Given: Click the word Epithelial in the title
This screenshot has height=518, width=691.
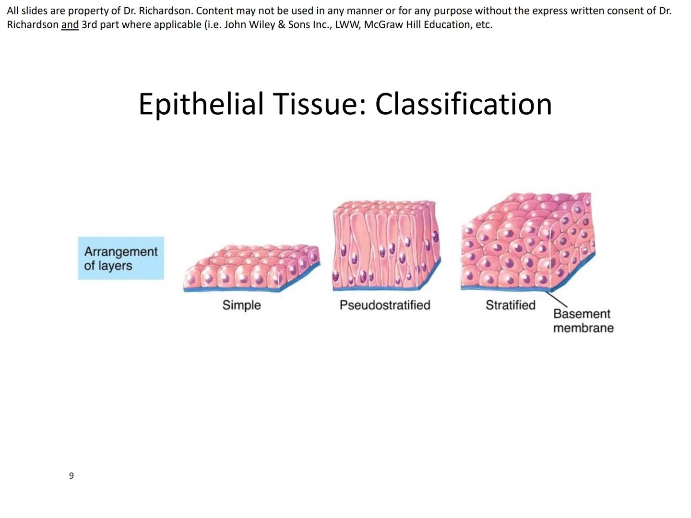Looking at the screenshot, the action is (201, 104).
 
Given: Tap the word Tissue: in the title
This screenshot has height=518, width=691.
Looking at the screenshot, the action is (319, 104).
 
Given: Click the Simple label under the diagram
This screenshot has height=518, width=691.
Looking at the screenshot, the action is (241, 305).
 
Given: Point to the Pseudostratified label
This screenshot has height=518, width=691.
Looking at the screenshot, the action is (385, 305).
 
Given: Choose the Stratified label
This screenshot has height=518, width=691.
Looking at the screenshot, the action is (510, 305).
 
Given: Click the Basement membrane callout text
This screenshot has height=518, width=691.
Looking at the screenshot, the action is (584, 320).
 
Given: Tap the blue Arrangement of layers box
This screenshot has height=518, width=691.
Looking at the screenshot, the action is (121, 258).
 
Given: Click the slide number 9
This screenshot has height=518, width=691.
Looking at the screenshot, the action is (71, 475).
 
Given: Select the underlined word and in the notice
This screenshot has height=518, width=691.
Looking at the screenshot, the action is (70, 24).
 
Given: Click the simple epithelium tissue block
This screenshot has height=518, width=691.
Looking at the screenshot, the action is (251, 268).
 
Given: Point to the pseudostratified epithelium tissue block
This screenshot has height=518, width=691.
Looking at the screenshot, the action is (387, 245).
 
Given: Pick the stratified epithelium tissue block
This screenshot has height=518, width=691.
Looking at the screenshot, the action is (528, 242).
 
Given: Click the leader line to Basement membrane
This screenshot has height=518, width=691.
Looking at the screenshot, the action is (556, 299).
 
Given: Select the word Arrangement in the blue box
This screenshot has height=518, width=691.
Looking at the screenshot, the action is (121, 251).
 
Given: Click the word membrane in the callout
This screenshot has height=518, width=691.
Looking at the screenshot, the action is (584, 328).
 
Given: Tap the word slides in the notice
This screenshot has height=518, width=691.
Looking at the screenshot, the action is (35, 11).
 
